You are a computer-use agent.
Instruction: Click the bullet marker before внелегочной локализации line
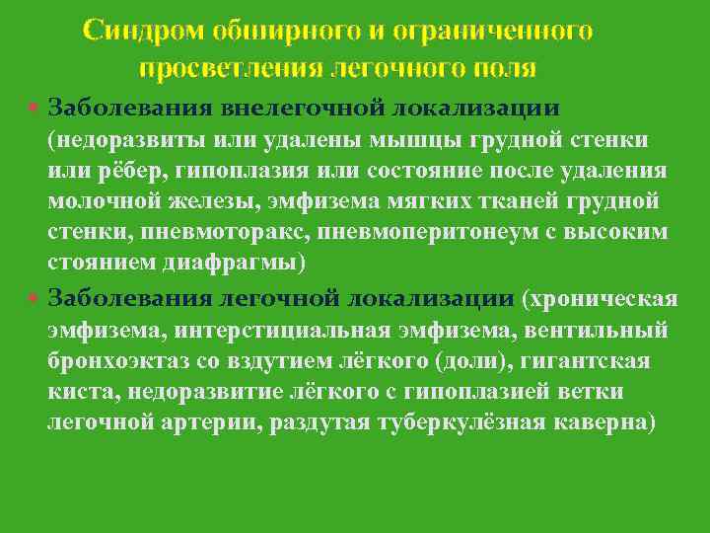35,106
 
